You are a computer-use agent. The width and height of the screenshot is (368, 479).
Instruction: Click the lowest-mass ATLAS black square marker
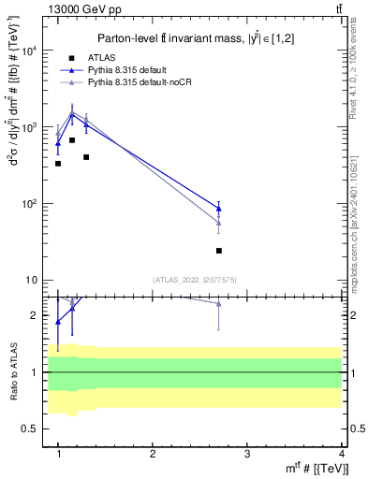point(58,164)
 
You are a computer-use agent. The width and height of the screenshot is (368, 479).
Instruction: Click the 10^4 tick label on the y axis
point(30,51)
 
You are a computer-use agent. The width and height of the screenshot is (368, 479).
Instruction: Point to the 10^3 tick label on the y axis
point(30,127)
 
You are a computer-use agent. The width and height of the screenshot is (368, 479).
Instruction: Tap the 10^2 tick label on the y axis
point(30,204)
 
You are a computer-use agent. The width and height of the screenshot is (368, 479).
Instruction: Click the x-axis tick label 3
point(246,454)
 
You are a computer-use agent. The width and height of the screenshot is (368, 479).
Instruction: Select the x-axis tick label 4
point(341,454)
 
